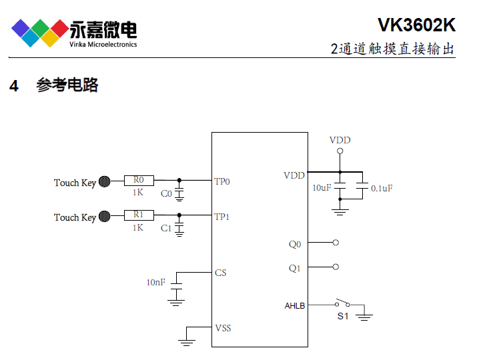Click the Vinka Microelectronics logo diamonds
pos(39,31)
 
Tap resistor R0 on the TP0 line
pos(139,180)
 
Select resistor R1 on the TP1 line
pos(139,215)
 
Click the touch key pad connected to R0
pos(105,181)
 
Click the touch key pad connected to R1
pos(105,216)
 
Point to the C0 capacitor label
pos(166,194)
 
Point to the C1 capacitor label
pos(166,229)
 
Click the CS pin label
pos(221,273)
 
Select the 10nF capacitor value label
pos(155,283)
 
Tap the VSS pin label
pos(223,328)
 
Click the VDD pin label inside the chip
pos(294,175)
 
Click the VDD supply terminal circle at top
pos(340,151)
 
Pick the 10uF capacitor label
pos(322,188)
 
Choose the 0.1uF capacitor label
pos(382,189)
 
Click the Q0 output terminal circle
pos(336,243)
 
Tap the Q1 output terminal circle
pos(336,267)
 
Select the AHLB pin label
pos(295,305)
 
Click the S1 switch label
pos(342,316)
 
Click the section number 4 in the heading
pos(14,86)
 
